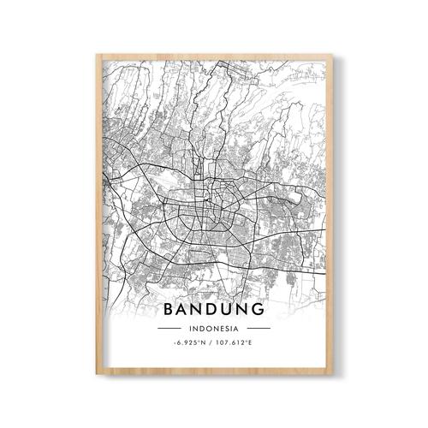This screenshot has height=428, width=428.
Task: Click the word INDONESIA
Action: pos(214,328)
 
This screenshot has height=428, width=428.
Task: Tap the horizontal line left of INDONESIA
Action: pos(168,328)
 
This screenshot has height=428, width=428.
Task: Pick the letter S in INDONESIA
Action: pos(229,328)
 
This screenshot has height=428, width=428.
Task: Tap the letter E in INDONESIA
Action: pos(223,328)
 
